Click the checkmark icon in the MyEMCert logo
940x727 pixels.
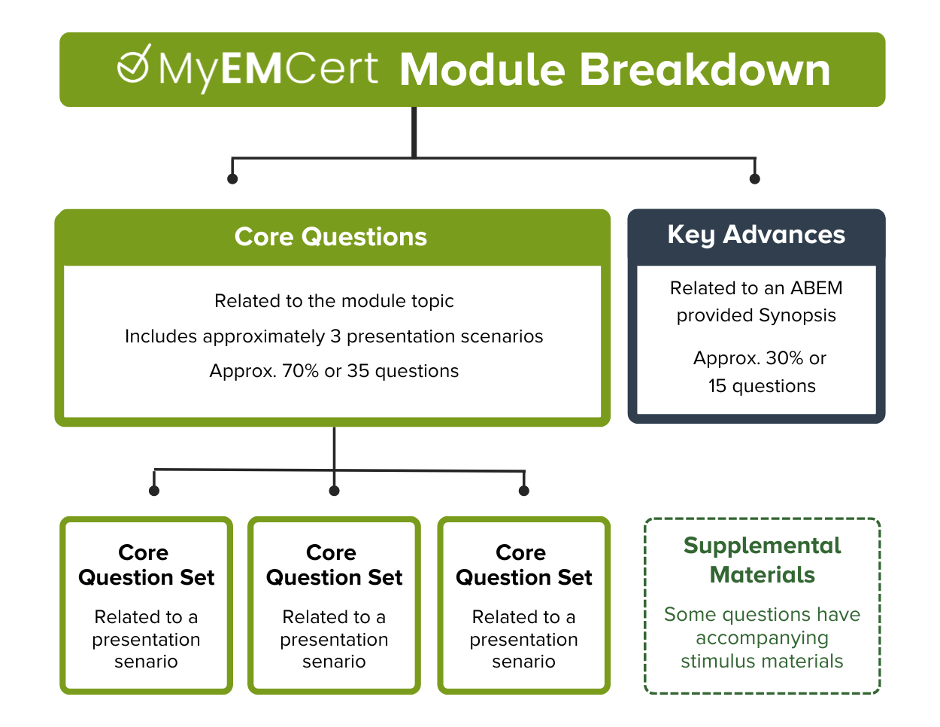click(x=134, y=65)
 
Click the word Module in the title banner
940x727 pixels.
click(x=481, y=70)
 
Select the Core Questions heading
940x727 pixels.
click(x=331, y=237)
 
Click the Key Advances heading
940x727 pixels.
click(x=756, y=235)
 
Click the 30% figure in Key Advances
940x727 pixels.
click(x=784, y=358)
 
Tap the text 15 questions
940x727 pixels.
click(x=761, y=386)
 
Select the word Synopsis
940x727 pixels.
click(x=797, y=315)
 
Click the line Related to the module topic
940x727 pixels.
click(x=334, y=301)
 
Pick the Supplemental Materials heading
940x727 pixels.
click(x=762, y=560)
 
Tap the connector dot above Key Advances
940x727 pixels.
click(x=755, y=178)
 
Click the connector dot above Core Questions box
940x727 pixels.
click(x=232, y=178)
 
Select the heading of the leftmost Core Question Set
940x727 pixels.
click(x=146, y=565)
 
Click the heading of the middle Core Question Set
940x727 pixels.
click(x=334, y=565)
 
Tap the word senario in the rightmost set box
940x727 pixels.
click(x=523, y=662)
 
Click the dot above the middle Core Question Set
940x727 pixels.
click(x=335, y=491)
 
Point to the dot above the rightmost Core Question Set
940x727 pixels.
click(x=524, y=491)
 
